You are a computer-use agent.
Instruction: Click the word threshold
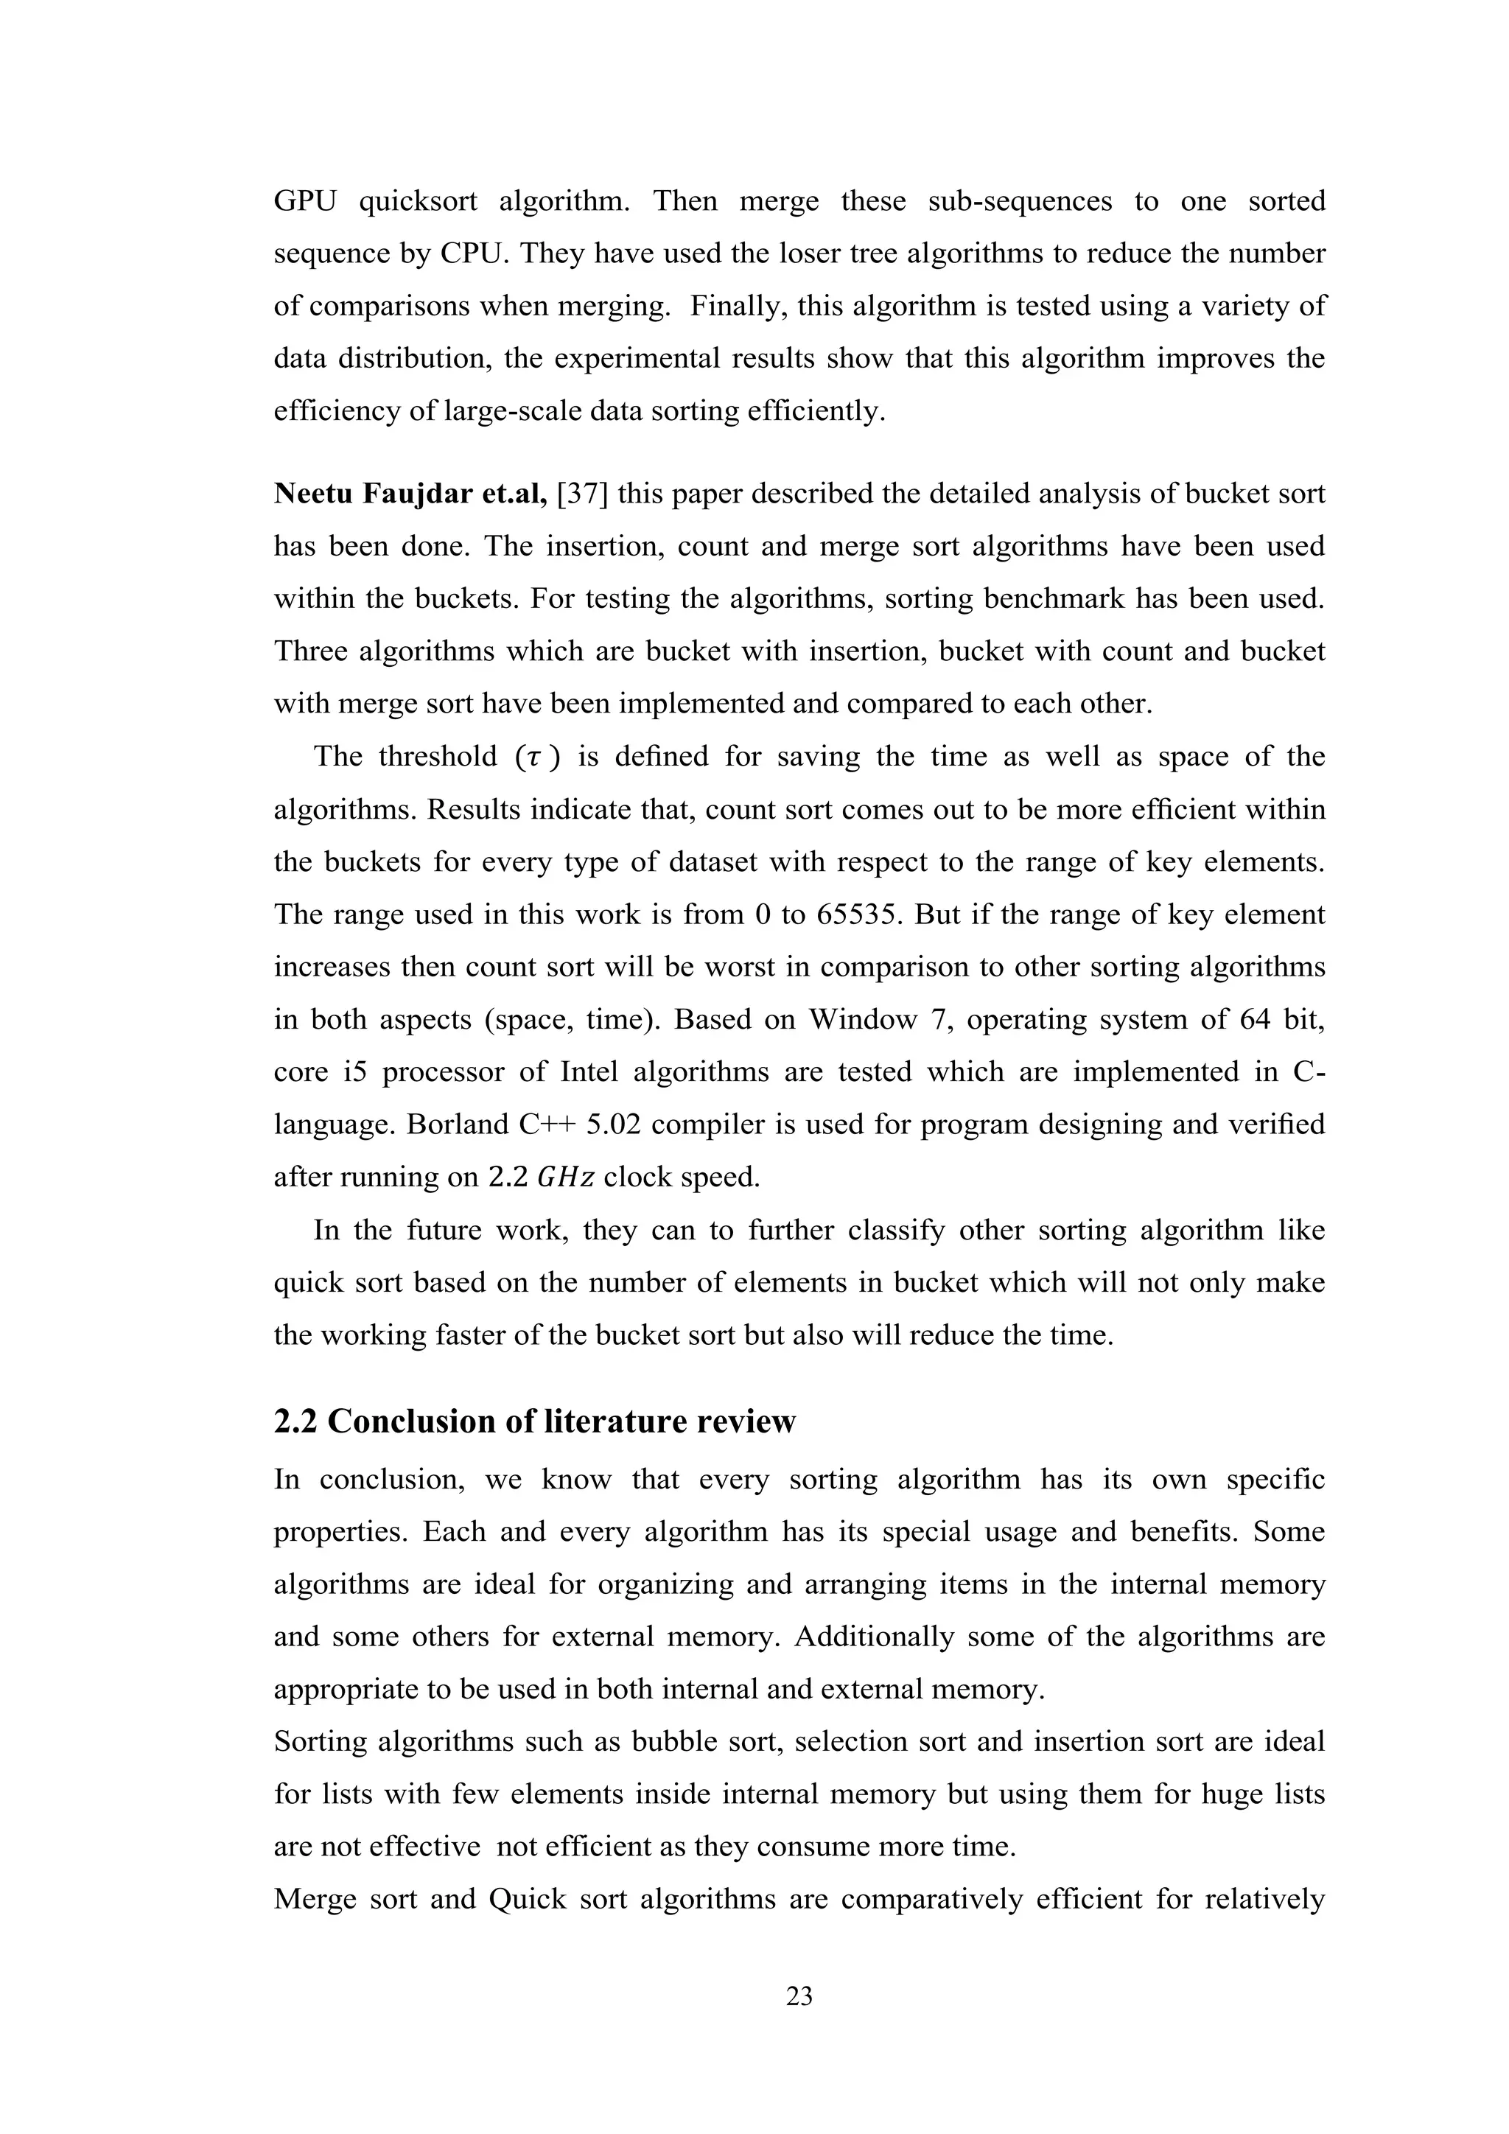pyautogui.click(x=438, y=757)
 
